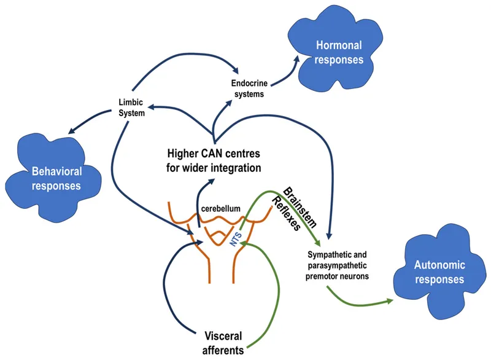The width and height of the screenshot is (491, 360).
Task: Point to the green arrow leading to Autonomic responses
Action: point(362,300)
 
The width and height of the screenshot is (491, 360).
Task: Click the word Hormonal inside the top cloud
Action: point(339,45)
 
